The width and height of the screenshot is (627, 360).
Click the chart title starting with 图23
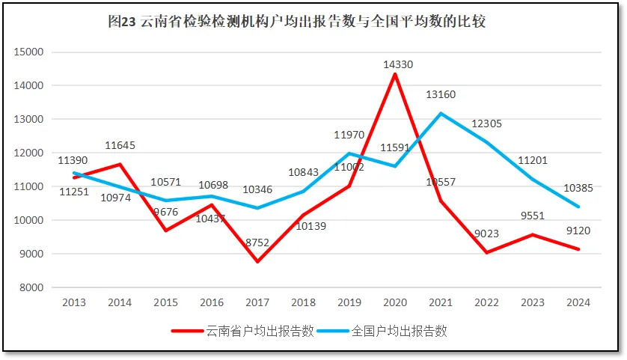tap(297, 22)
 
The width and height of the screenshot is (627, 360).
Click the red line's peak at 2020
tap(394, 74)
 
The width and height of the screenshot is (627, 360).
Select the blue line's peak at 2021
tap(441, 113)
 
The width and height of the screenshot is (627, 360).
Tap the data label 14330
tap(398, 65)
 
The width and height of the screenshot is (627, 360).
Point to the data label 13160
tap(441, 95)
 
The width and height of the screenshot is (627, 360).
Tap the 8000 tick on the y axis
tap(32, 287)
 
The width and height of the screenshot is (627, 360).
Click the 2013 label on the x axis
tap(73, 302)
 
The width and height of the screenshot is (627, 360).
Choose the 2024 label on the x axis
tap(578, 302)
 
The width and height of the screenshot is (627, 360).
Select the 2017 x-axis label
tap(257, 302)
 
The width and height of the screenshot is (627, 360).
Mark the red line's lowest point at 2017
tap(257, 262)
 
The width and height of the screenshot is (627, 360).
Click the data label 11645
tap(120, 145)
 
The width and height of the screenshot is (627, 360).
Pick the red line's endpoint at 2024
tap(578, 249)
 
